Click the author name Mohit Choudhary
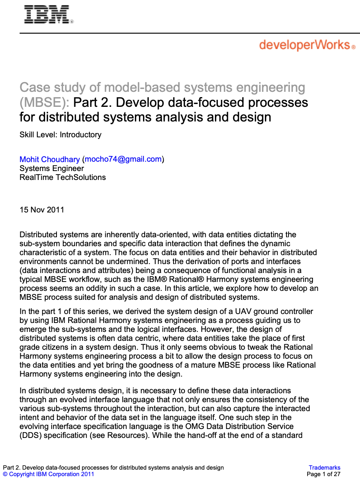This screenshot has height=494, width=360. point(50,159)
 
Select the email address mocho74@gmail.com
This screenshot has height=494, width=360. point(123,159)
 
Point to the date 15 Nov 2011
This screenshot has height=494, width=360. point(42,210)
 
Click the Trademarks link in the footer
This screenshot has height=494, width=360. point(324,468)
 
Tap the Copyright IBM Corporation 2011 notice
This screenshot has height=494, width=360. point(48,474)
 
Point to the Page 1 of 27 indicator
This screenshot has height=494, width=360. point(323,474)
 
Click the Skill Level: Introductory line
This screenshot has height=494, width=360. point(61,134)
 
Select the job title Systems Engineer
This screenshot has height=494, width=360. point(52,168)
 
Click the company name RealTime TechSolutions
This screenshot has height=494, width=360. point(63,177)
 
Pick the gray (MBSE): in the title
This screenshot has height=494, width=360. point(44,102)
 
